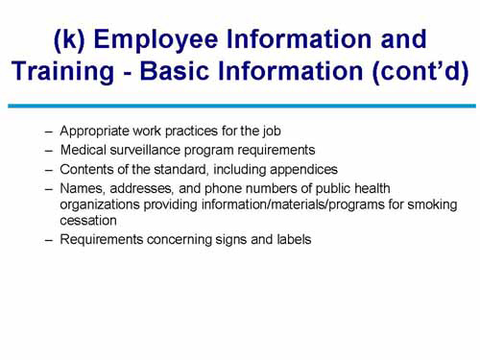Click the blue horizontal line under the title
pos(240,106)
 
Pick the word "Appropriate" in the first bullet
pos(93,132)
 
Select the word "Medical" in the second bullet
pos(83,151)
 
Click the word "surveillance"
pos(145,151)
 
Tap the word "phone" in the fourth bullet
pos(220,189)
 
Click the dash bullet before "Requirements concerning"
pos(49,239)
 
